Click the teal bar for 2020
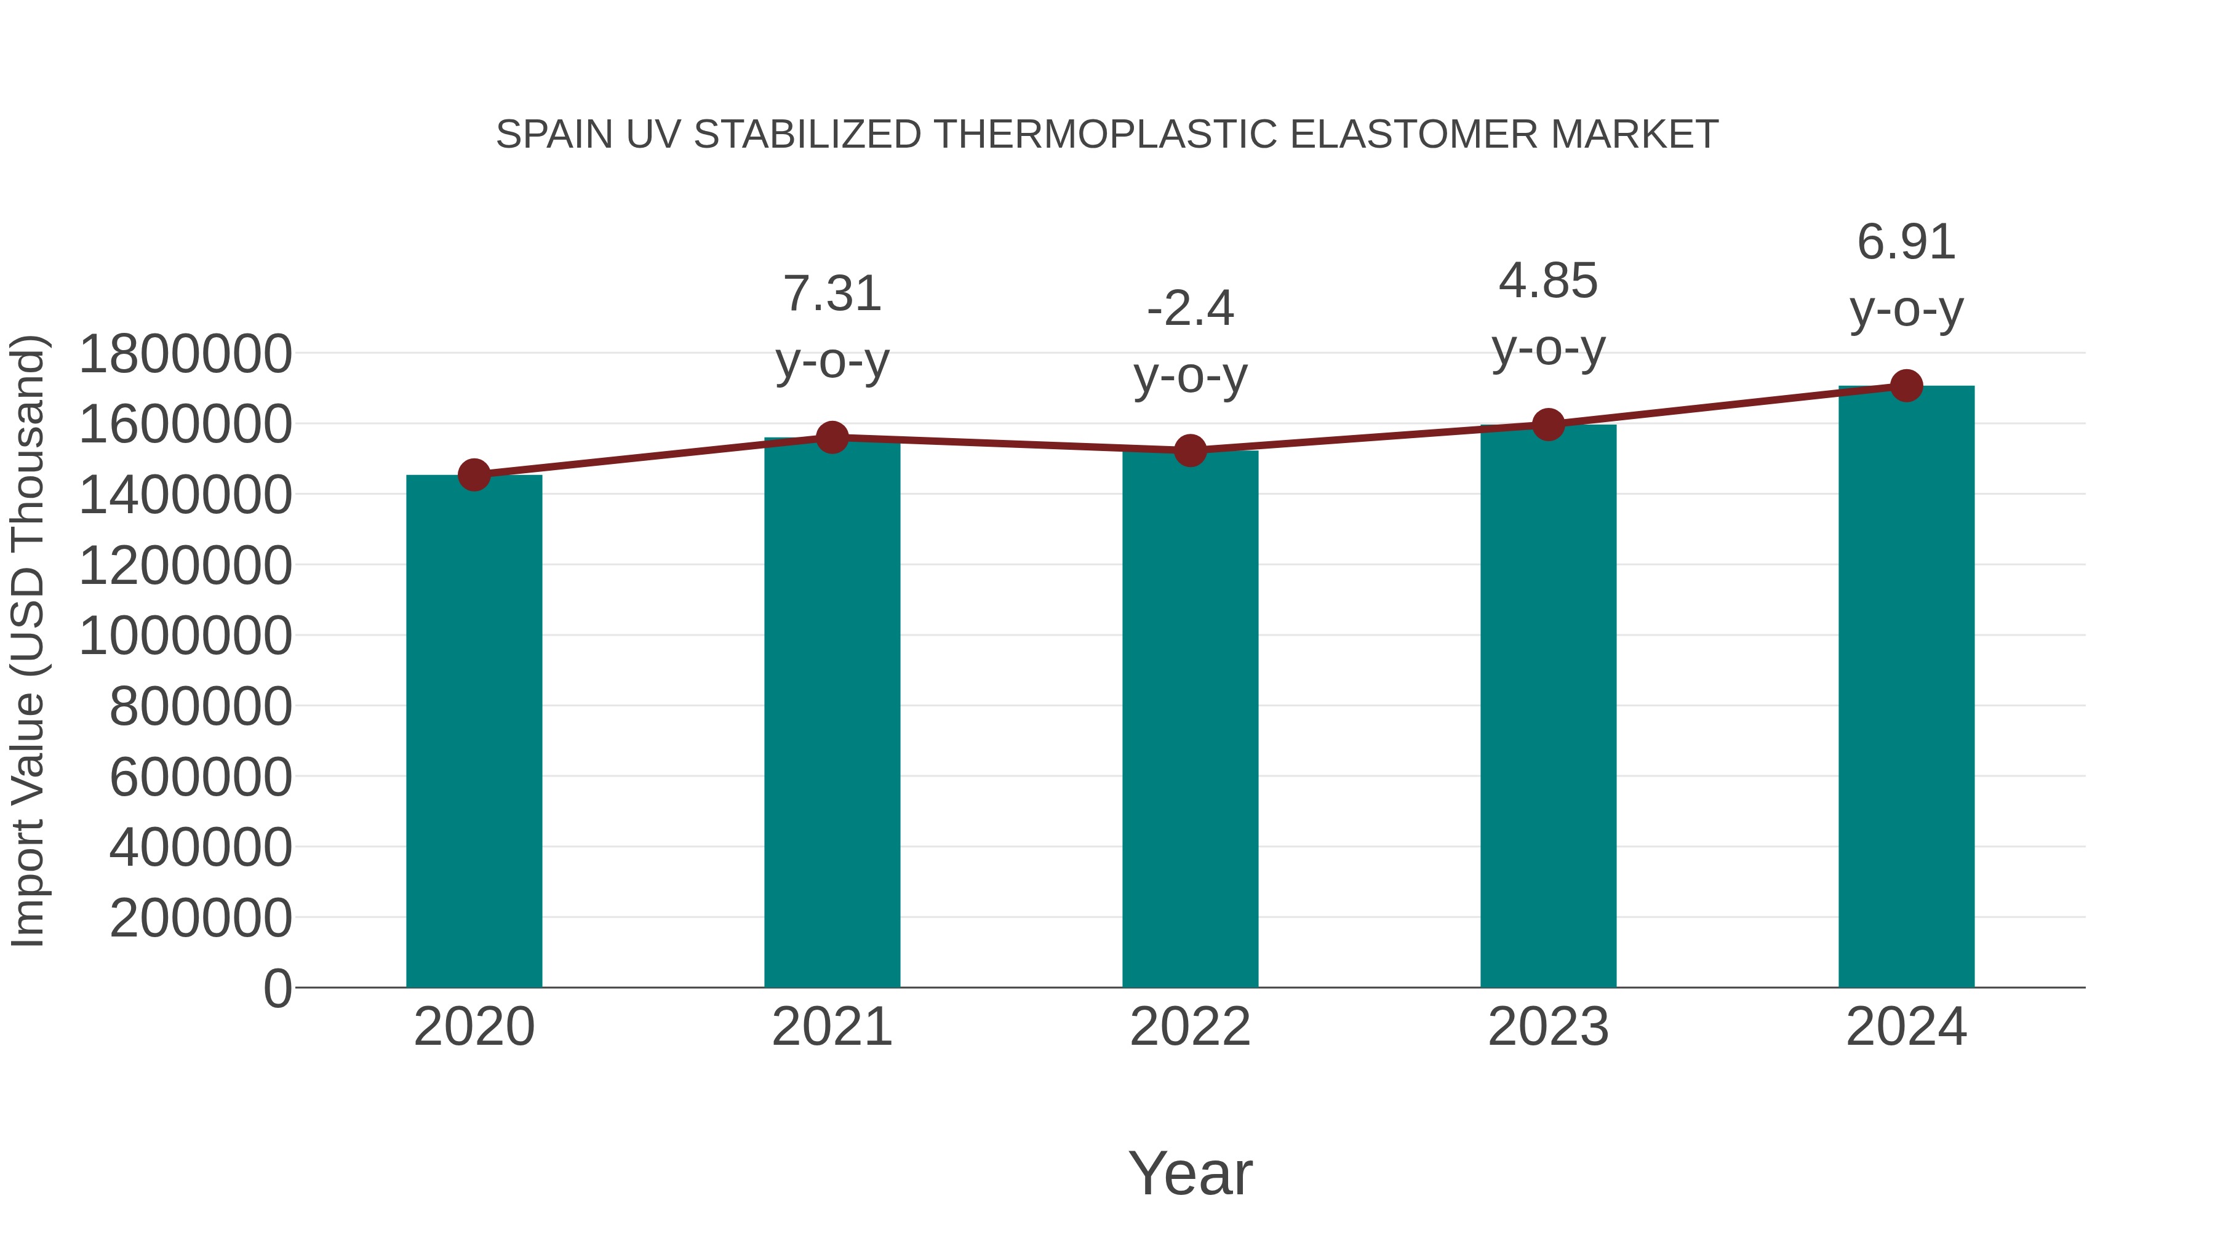coord(474,731)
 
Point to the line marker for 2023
coord(1548,425)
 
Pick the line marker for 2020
coord(474,474)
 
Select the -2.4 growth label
coord(1190,309)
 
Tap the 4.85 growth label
coord(1548,281)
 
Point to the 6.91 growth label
coord(1906,242)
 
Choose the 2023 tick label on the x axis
coord(1548,1027)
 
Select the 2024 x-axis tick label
coord(1906,1027)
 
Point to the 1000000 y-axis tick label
coord(185,636)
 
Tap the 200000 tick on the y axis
coord(201,917)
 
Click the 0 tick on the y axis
coord(277,988)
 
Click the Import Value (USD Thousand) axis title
coord(28,641)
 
